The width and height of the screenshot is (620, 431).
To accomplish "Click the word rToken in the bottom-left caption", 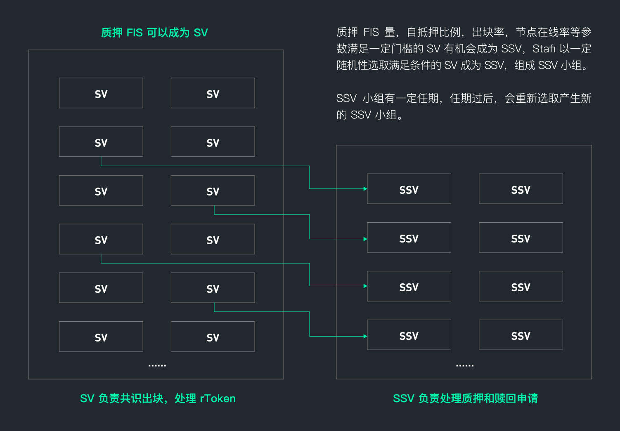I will [218, 398].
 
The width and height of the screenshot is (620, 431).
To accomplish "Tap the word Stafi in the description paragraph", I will [544, 49].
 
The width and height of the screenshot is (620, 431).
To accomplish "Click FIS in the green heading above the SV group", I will [135, 33].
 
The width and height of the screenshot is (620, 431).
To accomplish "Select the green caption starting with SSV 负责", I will [465, 398].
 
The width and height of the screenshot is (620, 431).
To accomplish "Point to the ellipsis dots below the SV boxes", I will [157, 365].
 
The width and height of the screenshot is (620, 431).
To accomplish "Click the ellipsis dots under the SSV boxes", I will [464, 365].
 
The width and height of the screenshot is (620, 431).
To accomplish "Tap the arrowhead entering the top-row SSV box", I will [365, 189].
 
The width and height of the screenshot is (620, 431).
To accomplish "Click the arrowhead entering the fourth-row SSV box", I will [365, 337].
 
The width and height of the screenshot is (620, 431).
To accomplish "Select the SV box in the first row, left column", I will [101, 93].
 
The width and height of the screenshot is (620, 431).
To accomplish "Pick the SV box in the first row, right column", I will [213, 93].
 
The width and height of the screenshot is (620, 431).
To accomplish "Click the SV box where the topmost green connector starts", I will [101, 142].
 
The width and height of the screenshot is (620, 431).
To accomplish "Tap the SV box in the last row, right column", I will [213, 337].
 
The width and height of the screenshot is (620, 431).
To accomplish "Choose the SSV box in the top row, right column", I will [521, 189].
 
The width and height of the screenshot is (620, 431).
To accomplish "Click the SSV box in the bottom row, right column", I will [521, 335].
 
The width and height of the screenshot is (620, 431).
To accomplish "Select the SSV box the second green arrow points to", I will [409, 238].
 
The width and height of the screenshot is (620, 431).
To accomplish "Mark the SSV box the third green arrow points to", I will [409, 286].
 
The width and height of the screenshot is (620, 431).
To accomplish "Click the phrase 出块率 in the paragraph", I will [488, 32].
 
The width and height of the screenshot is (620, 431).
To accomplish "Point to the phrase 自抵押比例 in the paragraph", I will [433, 32].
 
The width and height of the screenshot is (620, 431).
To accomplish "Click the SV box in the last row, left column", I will [101, 337].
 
